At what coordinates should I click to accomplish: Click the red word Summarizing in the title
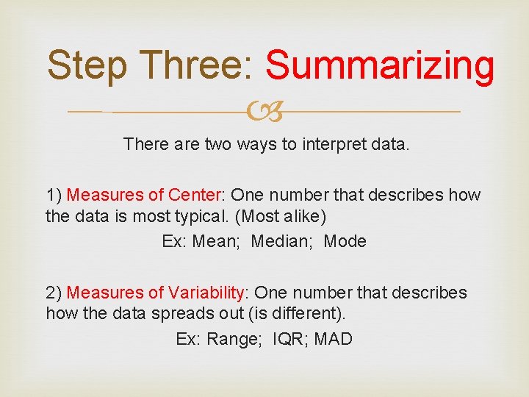pos(380,66)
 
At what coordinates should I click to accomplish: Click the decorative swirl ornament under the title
pos(264,112)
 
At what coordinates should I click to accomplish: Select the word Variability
pos(208,293)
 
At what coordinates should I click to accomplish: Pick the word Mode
pos(345,241)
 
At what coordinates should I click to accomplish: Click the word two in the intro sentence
pos(217,144)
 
